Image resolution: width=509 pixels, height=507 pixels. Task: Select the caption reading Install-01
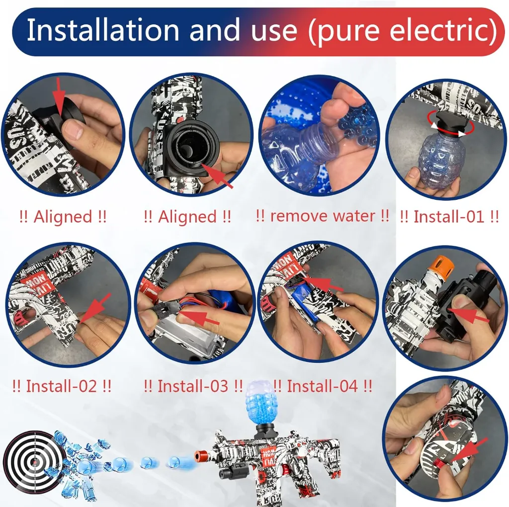pos(449,217)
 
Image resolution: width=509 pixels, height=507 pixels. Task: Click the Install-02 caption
pos(62,386)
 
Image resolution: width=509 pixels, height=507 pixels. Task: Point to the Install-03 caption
pos(193,386)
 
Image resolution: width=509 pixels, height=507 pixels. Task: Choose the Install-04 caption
pos(323,386)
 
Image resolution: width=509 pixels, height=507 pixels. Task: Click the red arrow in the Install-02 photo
pos(96,307)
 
